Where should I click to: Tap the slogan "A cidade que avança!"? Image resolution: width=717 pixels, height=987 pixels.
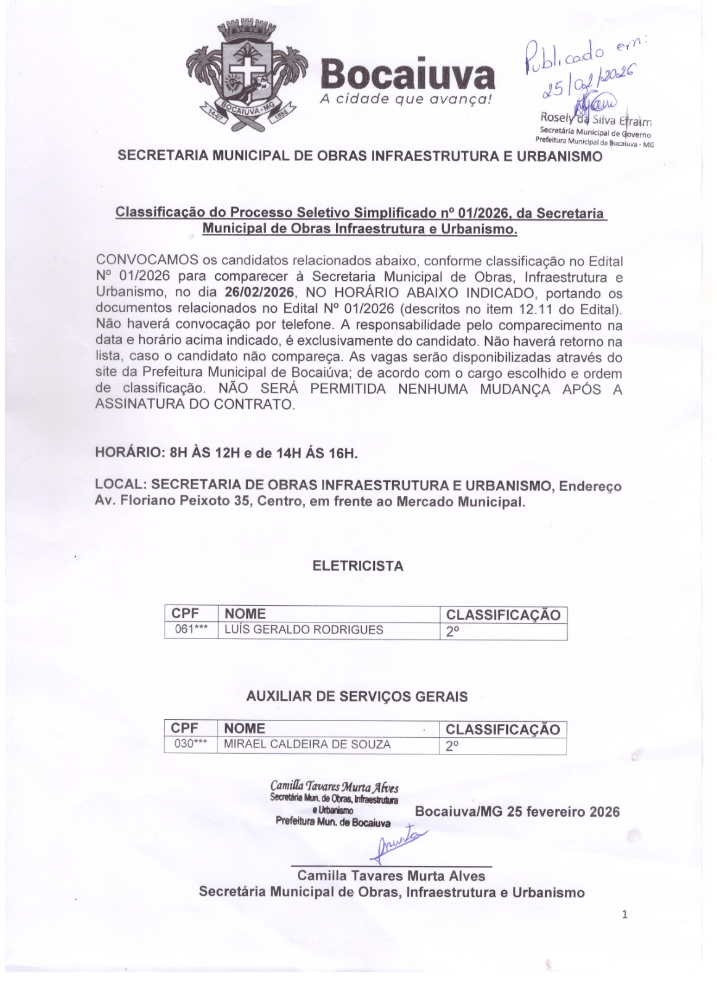point(407,99)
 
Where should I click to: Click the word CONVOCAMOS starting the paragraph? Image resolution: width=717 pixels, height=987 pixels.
point(147,260)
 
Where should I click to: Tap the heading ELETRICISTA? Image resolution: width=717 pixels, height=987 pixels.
point(358,566)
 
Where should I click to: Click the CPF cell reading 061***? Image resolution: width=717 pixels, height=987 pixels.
point(190,630)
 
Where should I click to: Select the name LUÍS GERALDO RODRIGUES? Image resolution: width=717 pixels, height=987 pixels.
point(303,630)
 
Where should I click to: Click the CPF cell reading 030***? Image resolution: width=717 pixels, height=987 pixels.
point(190,744)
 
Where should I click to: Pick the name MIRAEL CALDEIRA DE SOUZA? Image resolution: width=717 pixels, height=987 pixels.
point(307,745)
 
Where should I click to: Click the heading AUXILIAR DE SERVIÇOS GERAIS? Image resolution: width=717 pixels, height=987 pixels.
point(357,696)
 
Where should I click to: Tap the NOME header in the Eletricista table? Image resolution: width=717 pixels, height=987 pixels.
point(245,614)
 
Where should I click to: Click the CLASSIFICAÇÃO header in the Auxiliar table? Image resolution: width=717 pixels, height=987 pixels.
point(502,729)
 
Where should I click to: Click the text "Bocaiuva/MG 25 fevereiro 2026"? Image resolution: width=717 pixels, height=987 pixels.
point(517,811)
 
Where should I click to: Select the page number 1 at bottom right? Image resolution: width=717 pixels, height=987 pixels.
point(625,914)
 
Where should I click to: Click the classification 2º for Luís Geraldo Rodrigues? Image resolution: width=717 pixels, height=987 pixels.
point(453,631)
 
